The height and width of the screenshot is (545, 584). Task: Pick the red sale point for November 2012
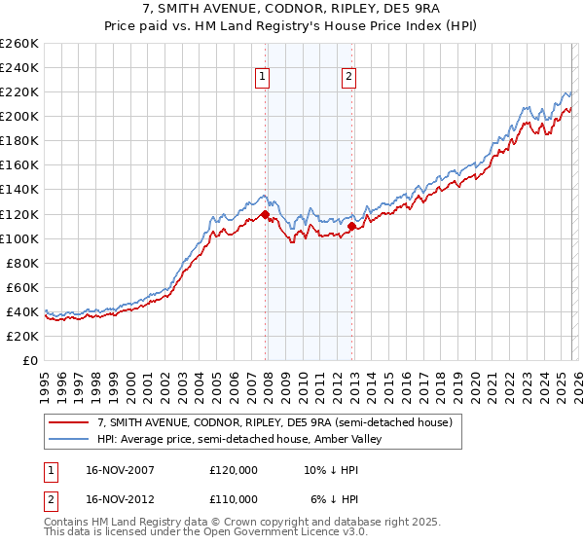[350, 226]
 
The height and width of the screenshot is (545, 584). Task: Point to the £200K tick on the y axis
[19, 116]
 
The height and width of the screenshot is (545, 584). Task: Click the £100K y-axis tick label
[19, 238]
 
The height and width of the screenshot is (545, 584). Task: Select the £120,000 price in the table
[234, 469]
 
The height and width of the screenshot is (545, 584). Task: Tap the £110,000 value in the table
[234, 498]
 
